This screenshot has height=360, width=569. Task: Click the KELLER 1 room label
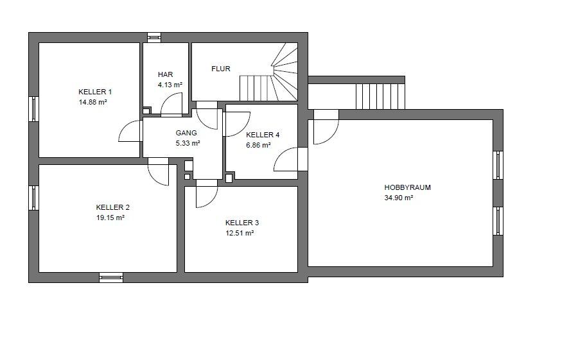95,92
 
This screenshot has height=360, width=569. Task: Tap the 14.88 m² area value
93,102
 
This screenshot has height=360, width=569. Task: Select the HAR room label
166,74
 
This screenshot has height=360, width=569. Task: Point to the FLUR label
221,69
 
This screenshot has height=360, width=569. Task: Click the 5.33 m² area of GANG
188,143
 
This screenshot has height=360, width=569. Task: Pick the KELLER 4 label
263,135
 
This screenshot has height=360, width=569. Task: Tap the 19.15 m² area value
110,218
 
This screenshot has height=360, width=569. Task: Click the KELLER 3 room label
242,223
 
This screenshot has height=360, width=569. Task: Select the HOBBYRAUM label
408,187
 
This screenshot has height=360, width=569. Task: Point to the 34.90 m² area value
399,198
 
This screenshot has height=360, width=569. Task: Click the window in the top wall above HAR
154,37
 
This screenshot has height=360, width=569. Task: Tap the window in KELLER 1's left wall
34,108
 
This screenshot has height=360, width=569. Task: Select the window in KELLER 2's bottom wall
111,277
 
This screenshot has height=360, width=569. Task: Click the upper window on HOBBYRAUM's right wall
498,165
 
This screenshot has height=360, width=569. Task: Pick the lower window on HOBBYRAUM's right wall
498,221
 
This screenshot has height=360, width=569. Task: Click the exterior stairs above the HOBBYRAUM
380,96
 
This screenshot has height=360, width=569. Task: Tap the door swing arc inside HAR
167,99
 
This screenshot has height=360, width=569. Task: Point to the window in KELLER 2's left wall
34,198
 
